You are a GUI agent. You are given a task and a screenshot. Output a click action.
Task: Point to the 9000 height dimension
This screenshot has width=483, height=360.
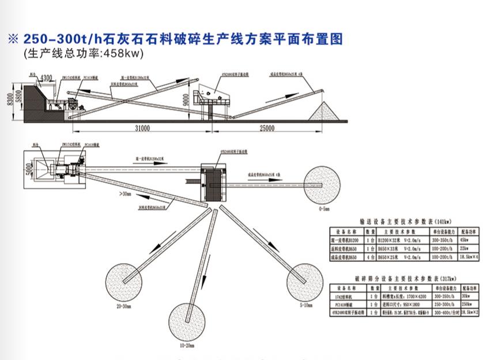(x=185, y=99)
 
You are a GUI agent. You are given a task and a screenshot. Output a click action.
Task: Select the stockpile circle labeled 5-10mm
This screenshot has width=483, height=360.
(x=306, y=280)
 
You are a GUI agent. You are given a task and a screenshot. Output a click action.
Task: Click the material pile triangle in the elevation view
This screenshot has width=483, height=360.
(x=324, y=112)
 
